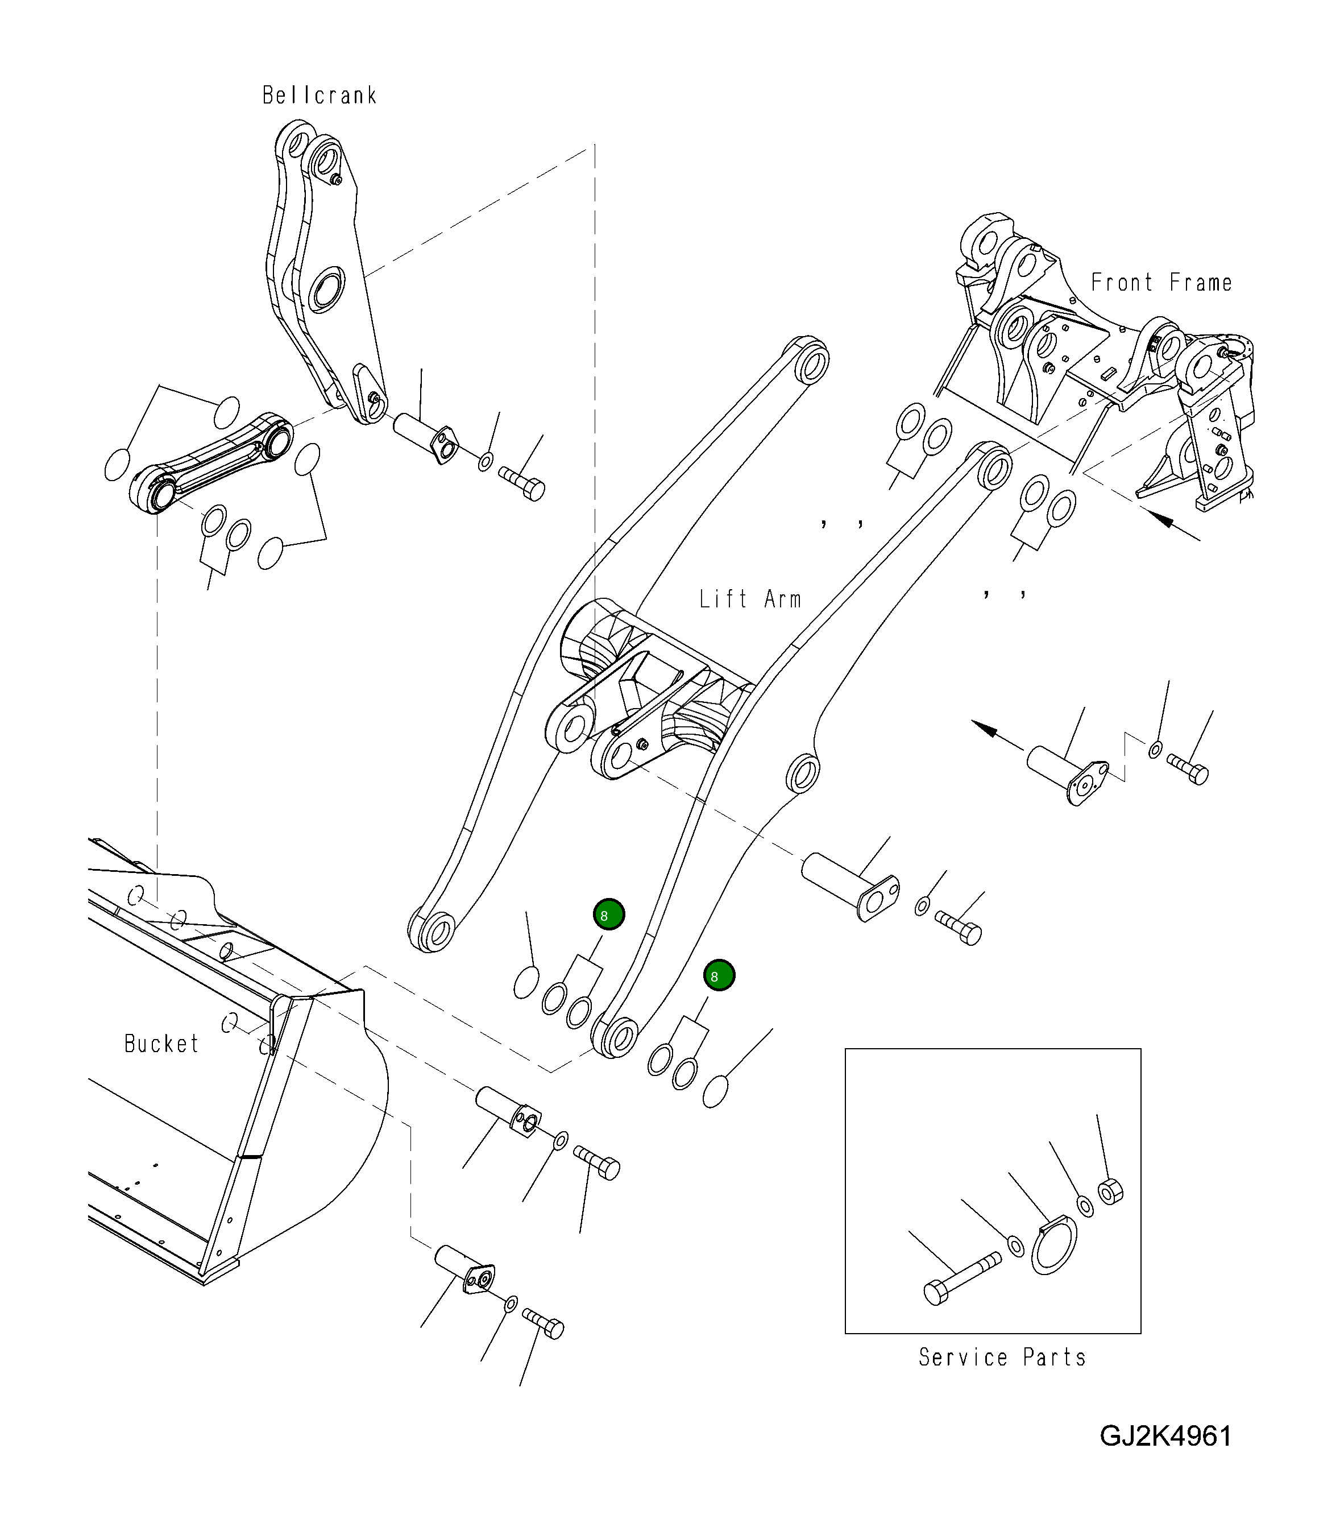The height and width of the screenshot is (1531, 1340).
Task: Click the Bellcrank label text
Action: [x=320, y=96]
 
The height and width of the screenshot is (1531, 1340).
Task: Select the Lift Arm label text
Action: [x=750, y=599]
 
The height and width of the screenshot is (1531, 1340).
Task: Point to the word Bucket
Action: [x=161, y=1044]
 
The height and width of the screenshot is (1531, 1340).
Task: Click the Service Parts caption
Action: [x=1002, y=1358]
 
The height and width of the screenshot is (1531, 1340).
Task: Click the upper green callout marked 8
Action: [x=609, y=914]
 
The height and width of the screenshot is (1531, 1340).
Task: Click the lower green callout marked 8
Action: [x=719, y=975]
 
